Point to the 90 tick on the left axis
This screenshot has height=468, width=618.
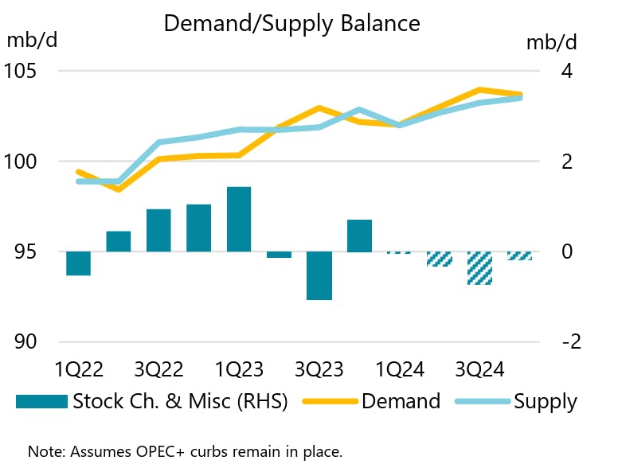(25, 342)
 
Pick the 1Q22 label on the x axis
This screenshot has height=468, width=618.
(79, 370)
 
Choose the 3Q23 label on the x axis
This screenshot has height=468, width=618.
(319, 370)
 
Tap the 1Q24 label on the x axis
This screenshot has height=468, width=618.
(400, 370)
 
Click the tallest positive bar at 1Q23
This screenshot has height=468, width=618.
(239, 220)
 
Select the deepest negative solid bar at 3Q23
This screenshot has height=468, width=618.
(319, 275)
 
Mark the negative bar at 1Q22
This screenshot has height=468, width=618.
(78, 263)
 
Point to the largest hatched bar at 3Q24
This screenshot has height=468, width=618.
(479, 268)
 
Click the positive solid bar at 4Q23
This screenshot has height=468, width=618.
(359, 236)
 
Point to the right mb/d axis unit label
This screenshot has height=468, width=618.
(551, 41)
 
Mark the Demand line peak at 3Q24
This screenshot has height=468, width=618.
(479, 90)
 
